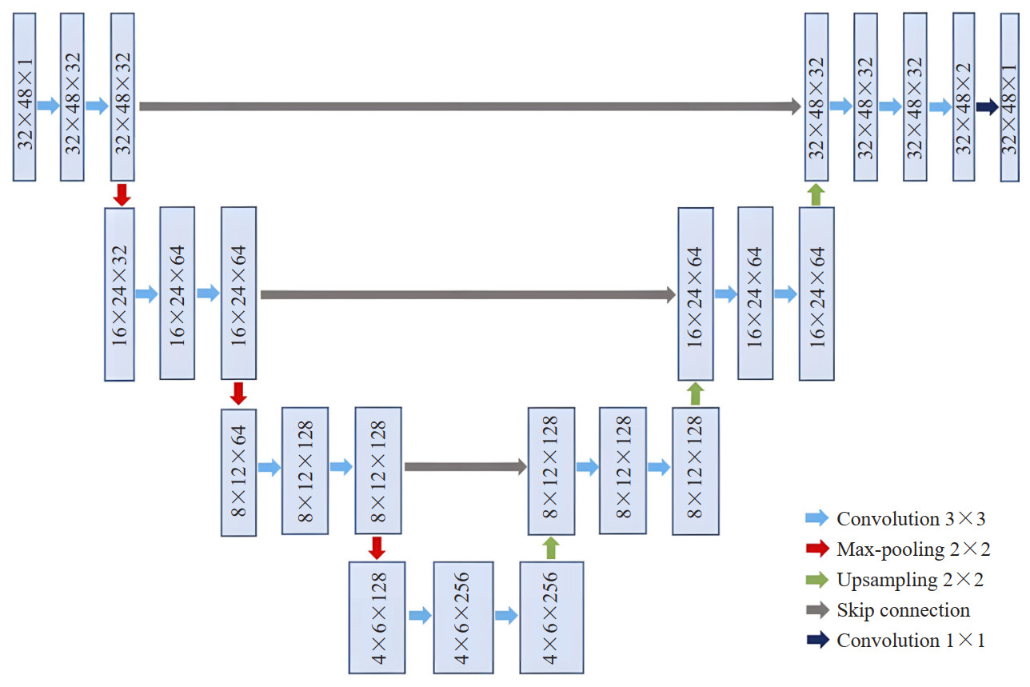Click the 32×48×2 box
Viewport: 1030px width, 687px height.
(x=964, y=96)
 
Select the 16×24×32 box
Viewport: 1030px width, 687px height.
(x=120, y=294)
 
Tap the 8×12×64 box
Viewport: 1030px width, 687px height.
(x=238, y=472)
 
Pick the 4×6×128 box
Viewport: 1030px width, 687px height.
(x=377, y=617)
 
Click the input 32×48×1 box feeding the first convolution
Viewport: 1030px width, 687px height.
(x=25, y=96)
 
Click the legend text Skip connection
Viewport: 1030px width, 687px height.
(x=903, y=610)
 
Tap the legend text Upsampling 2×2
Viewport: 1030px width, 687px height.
(x=910, y=580)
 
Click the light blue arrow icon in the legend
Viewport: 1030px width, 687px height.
(x=816, y=519)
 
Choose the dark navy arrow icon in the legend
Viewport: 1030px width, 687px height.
(x=816, y=641)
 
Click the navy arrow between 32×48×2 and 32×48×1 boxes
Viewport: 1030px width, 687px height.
(x=987, y=107)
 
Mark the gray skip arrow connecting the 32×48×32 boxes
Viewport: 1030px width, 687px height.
(x=469, y=106)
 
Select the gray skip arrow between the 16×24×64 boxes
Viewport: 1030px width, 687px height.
(x=468, y=294)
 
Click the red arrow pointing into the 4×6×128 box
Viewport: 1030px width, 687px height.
(x=377, y=548)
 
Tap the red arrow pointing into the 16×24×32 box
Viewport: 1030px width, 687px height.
(x=122, y=194)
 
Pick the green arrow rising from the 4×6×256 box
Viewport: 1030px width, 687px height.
(x=550, y=548)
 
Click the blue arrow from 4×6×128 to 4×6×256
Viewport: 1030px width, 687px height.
(x=420, y=616)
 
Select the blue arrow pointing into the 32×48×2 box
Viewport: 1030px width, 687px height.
(x=940, y=106)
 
